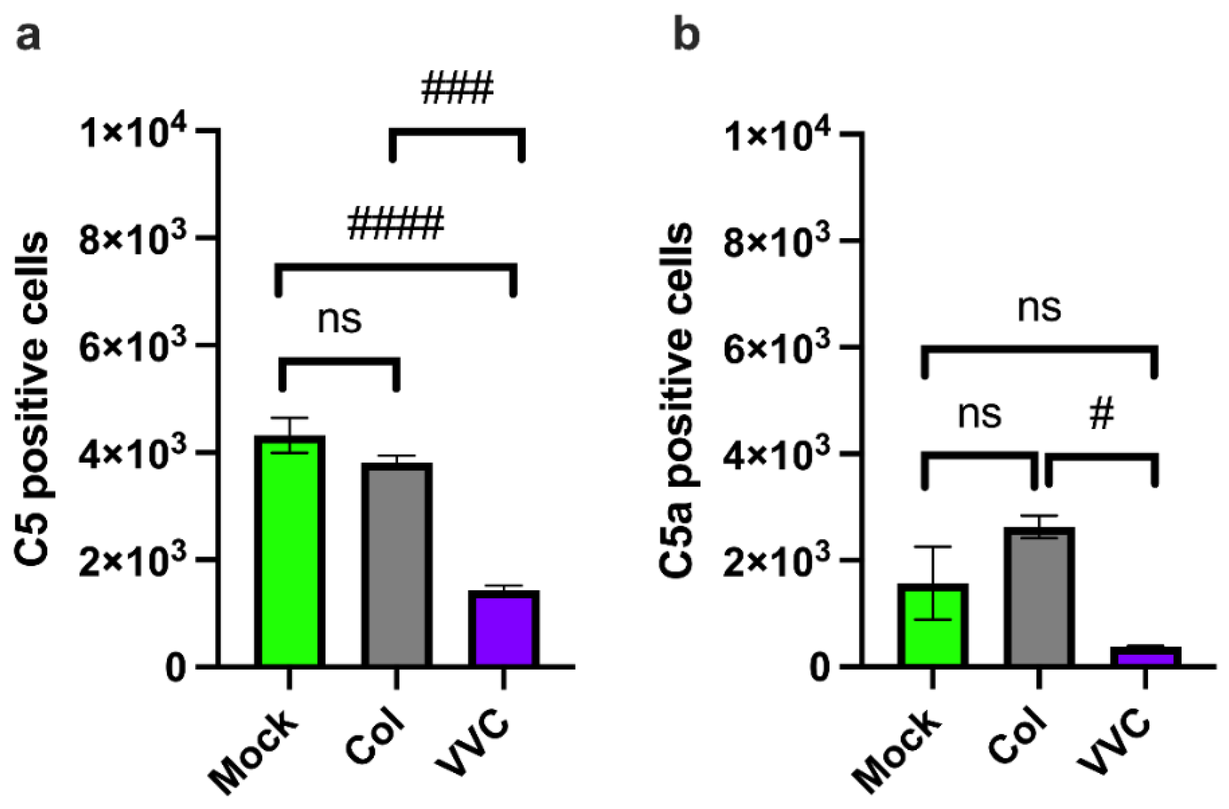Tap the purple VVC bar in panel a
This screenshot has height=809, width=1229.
pyautogui.click(x=503, y=628)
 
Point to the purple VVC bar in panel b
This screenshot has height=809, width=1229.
pyautogui.click(x=1146, y=657)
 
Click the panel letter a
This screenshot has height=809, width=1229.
pyautogui.click(x=28, y=37)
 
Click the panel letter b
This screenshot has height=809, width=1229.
pyautogui.click(x=687, y=35)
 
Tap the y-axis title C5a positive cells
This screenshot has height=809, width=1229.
pyautogui.click(x=676, y=400)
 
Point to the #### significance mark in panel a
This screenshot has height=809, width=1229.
pyautogui.click(x=396, y=224)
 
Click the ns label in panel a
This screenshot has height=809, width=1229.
pyautogui.click(x=339, y=319)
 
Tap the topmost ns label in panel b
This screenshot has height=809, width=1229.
pyautogui.click(x=1039, y=308)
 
